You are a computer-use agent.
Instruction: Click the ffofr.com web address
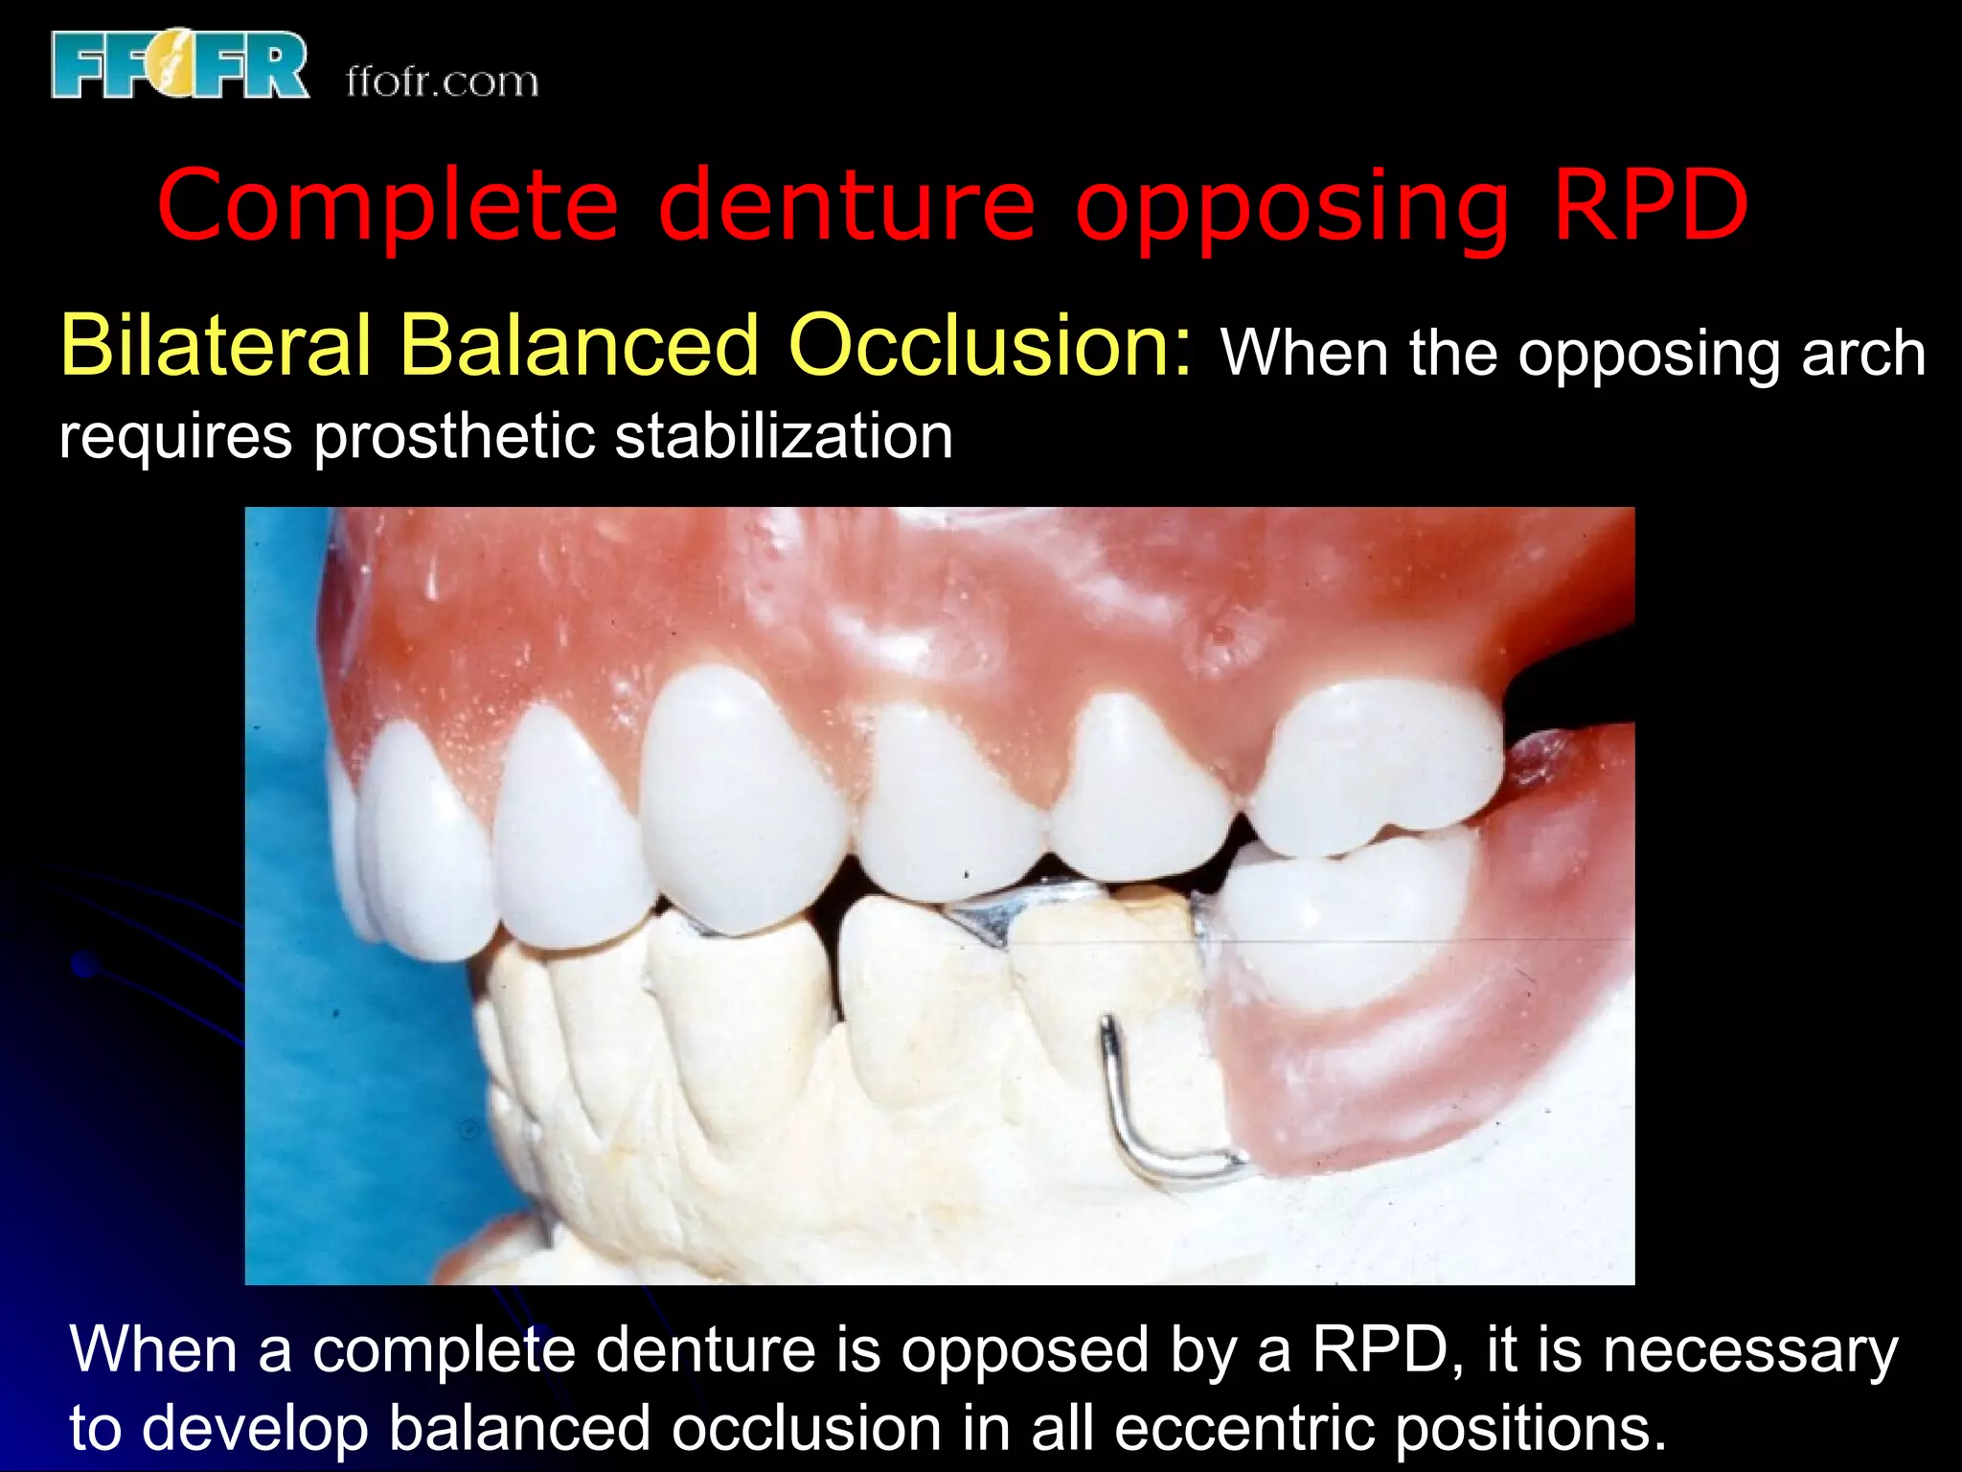442,82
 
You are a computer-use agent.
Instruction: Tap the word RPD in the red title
1650,205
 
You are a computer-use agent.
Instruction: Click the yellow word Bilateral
215,345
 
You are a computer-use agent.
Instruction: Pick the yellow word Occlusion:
991,345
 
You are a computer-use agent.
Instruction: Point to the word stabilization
783,436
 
